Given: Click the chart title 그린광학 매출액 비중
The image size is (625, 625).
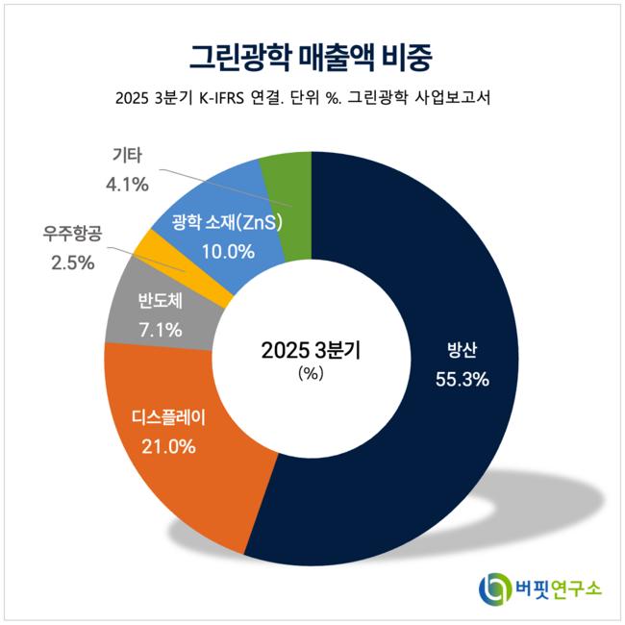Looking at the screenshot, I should point(312,55).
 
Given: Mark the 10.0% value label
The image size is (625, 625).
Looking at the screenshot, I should point(227,253).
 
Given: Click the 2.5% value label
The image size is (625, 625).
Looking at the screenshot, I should point(72,262).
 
